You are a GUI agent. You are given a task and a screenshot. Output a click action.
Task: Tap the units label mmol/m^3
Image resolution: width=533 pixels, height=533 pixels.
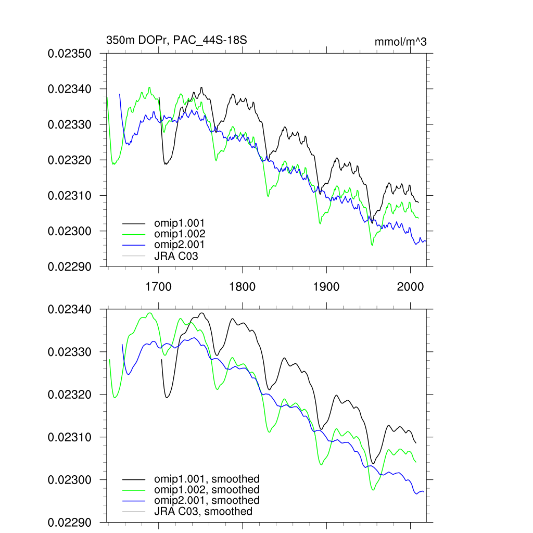coord(400,42)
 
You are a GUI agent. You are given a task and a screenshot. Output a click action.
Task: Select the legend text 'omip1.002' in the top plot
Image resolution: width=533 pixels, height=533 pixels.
coord(179,234)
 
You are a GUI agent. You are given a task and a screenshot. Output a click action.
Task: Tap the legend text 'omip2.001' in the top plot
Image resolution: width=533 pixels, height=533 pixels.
coord(179,245)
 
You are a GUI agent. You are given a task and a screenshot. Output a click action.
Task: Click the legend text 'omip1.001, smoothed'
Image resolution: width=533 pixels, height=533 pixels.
coord(207,479)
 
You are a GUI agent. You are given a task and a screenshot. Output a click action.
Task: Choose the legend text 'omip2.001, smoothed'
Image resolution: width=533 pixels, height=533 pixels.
coord(207,501)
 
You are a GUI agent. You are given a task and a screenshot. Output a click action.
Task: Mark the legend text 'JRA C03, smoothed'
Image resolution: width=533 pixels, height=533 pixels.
coord(203,512)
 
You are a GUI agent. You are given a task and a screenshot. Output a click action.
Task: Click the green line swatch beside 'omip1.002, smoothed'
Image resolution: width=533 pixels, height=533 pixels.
coord(133,490)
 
